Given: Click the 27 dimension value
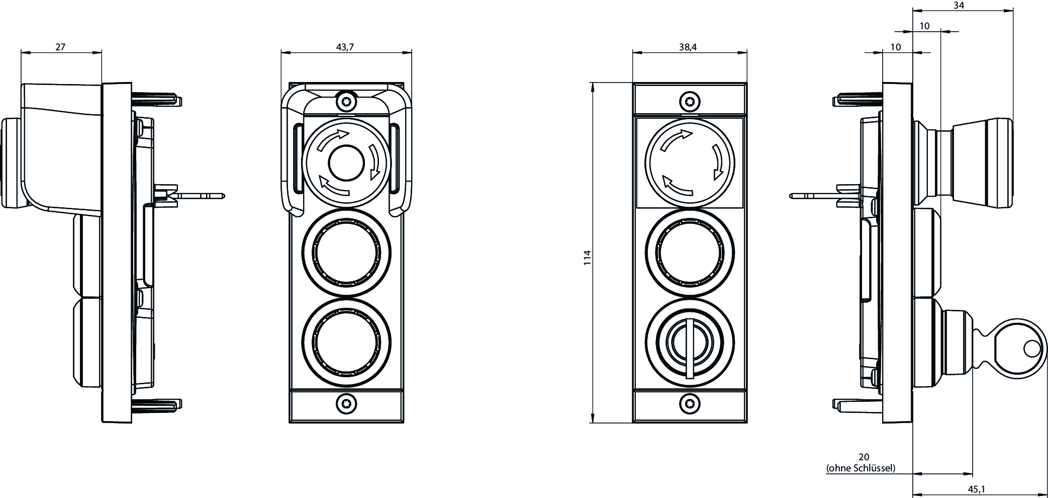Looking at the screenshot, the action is pos(60,47).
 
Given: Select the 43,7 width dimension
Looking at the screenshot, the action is pos(345,47).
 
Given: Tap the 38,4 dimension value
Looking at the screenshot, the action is pos(688,47).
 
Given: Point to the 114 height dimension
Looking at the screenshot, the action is pos(587,258).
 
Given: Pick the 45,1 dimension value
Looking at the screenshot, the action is pos(976,489).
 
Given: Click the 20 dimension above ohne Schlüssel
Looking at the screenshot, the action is pos(864,457).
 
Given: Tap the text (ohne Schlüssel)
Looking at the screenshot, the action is pos(861,468).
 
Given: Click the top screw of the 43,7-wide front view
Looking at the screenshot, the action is pos(346,103).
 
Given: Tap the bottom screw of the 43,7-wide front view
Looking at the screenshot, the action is pos(346,403).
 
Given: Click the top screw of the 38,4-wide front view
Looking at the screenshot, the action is pos(690,102).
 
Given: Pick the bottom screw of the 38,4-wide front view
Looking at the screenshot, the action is pos(689,403).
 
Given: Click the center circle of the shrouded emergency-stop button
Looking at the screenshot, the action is pos(346,162).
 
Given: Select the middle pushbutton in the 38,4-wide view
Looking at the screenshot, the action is pos(690,253).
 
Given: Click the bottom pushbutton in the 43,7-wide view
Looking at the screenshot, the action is pos(346,343).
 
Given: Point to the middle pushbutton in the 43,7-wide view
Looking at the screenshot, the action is pos(346,253).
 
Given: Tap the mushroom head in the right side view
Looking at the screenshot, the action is pos(981,162).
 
